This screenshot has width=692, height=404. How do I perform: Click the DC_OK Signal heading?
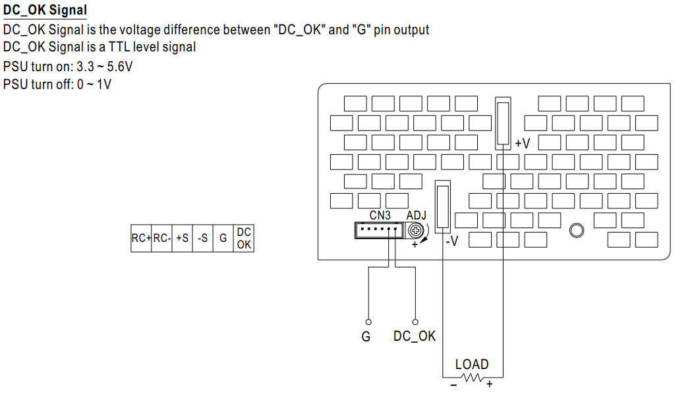tap(45, 10)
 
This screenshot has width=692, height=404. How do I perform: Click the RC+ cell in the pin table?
tap(141, 239)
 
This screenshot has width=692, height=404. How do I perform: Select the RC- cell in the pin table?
tap(162, 239)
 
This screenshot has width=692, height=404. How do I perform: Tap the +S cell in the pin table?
tap(183, 239)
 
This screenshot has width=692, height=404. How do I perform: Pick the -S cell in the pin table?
tap(202, 239)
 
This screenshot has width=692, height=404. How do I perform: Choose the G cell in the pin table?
tap(223, 239)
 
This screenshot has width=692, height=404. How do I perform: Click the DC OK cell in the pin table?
tap(244, 239)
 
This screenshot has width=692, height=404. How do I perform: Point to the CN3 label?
tap(380, 216)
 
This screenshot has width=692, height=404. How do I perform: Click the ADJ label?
tap(416, 216)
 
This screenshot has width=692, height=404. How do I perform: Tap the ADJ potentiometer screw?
tap(415, 230)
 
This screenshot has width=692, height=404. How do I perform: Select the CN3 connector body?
tap(379, 230)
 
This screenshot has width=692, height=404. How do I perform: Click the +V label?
tap(523, 144)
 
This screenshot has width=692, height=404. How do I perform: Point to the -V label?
tap(452, 241)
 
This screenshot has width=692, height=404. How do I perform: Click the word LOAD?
tap(472, 364)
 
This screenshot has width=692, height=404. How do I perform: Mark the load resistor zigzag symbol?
tap(473, 378)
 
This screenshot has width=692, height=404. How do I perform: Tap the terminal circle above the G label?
tap(368, 322)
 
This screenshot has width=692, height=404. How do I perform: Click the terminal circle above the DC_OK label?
tap(415, 322)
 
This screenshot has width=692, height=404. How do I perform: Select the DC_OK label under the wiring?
tap(415, 336)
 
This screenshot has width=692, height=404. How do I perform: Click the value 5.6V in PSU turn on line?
tap(119, 67)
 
